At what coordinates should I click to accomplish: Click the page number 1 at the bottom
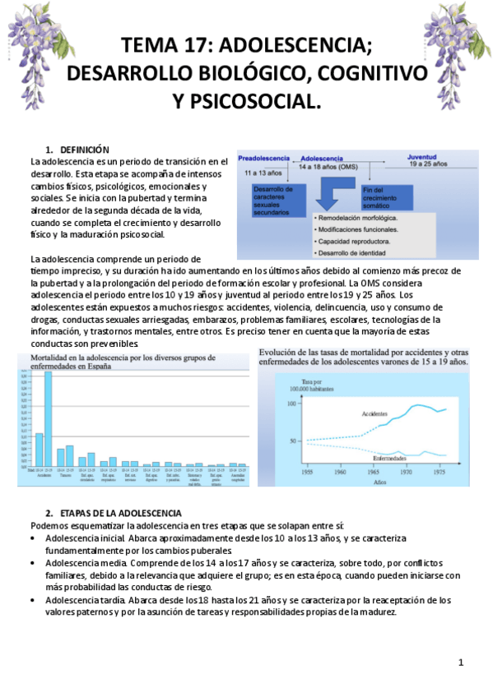tap(461, 662)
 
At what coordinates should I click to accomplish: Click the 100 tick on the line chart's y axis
tap(291, 404)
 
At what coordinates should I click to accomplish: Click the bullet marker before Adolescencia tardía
tap(35, 601)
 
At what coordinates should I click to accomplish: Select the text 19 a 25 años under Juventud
tap(428, 164)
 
